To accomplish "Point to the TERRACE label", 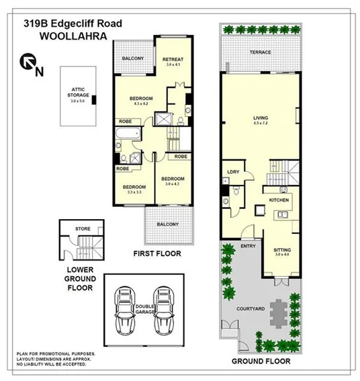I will click(x=259, y=52).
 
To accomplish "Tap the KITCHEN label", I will click(x=279, y=201).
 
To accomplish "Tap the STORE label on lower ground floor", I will click(x=83, y=228).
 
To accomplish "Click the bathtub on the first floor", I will click(x=126, y=142).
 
